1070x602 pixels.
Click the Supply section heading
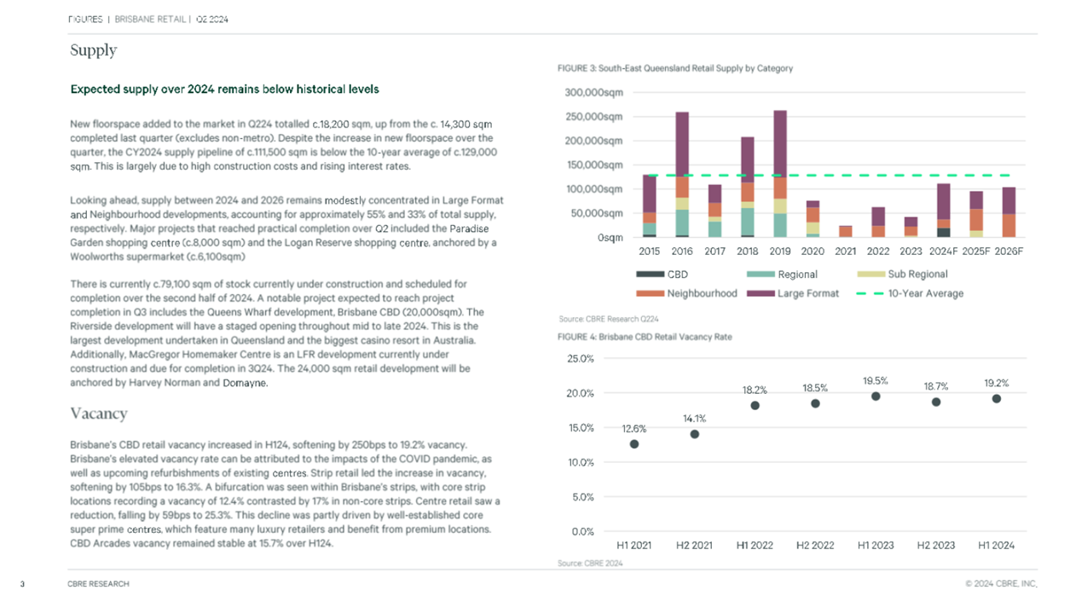94,50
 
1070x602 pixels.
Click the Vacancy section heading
99,414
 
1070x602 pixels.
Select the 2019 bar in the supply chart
780,174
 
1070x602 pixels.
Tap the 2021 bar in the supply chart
846,231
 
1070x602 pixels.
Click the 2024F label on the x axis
944,252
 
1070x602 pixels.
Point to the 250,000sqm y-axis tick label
593,117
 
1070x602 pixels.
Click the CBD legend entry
662,275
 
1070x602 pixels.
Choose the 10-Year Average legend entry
910,293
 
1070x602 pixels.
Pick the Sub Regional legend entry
902,275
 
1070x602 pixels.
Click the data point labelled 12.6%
634,444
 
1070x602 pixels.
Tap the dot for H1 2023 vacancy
876,397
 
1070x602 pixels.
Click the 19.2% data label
997,383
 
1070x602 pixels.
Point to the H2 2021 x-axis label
694,546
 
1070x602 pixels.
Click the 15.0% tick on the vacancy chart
581,428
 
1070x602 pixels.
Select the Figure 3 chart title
675,68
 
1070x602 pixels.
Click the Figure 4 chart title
645,337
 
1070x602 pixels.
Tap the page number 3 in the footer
22,584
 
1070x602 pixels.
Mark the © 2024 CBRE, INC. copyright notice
1001,584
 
